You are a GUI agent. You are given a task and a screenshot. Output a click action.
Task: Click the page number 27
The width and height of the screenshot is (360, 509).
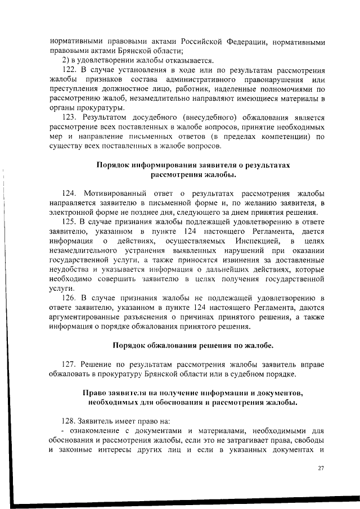click(321, 468)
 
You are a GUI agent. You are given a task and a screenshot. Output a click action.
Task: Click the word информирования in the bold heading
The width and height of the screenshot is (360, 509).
click(164, 165)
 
